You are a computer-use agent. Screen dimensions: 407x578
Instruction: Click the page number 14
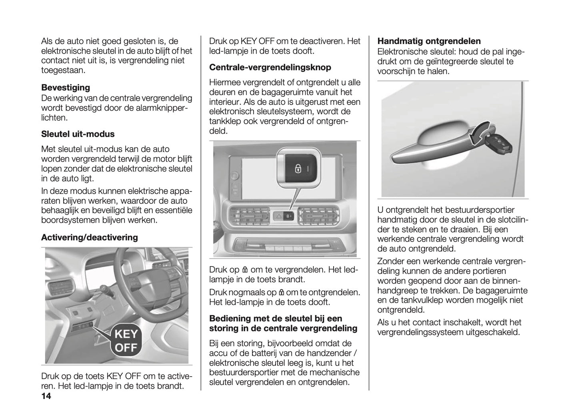tap(46, 397)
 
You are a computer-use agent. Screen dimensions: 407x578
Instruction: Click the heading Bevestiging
tap(66, 88)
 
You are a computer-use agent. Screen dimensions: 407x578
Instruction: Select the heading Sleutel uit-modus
tap(78, 134)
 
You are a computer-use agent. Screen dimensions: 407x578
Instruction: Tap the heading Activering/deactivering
tap(89, 237)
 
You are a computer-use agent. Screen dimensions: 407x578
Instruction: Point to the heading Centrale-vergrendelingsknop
tap(270, 67)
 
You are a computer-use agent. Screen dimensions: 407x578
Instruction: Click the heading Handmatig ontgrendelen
tap(429, 41)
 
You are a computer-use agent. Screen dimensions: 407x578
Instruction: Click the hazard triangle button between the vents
tap(278, 216)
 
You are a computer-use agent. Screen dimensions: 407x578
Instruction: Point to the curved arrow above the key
tap(479, 133)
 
